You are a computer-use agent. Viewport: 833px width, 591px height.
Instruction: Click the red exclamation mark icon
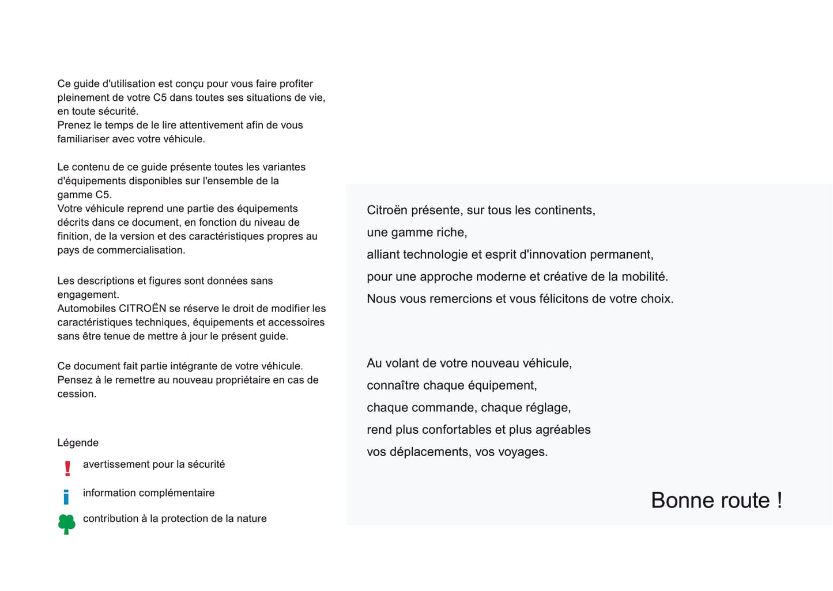pos(67,468)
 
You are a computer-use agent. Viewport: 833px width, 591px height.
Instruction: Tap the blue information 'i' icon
pos(66,497)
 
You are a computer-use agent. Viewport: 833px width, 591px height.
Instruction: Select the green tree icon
pos(67,524)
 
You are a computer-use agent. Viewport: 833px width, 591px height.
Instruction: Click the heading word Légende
pos(78,442)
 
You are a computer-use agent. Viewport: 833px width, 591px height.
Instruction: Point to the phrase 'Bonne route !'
pos(716,500)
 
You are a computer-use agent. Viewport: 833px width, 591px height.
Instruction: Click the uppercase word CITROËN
pos(142,308)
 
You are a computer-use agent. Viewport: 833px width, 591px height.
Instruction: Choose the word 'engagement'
pos(86,295)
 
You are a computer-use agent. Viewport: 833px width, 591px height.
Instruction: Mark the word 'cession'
pos(76,394)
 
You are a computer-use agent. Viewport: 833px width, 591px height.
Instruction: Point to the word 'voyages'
pos(521,452)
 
